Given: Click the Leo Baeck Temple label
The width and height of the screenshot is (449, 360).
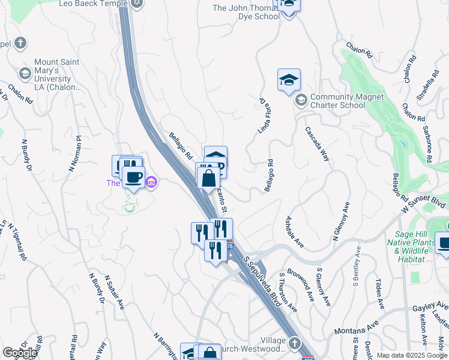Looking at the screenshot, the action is tap(93, 4).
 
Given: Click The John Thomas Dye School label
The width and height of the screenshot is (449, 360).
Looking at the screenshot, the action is tap(246, 12).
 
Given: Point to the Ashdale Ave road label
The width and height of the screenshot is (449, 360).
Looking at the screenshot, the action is tap(295, 232).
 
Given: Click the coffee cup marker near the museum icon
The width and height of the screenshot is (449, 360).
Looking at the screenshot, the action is tap(133, 177).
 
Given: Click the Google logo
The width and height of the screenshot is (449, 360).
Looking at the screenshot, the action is tap(20, 353).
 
